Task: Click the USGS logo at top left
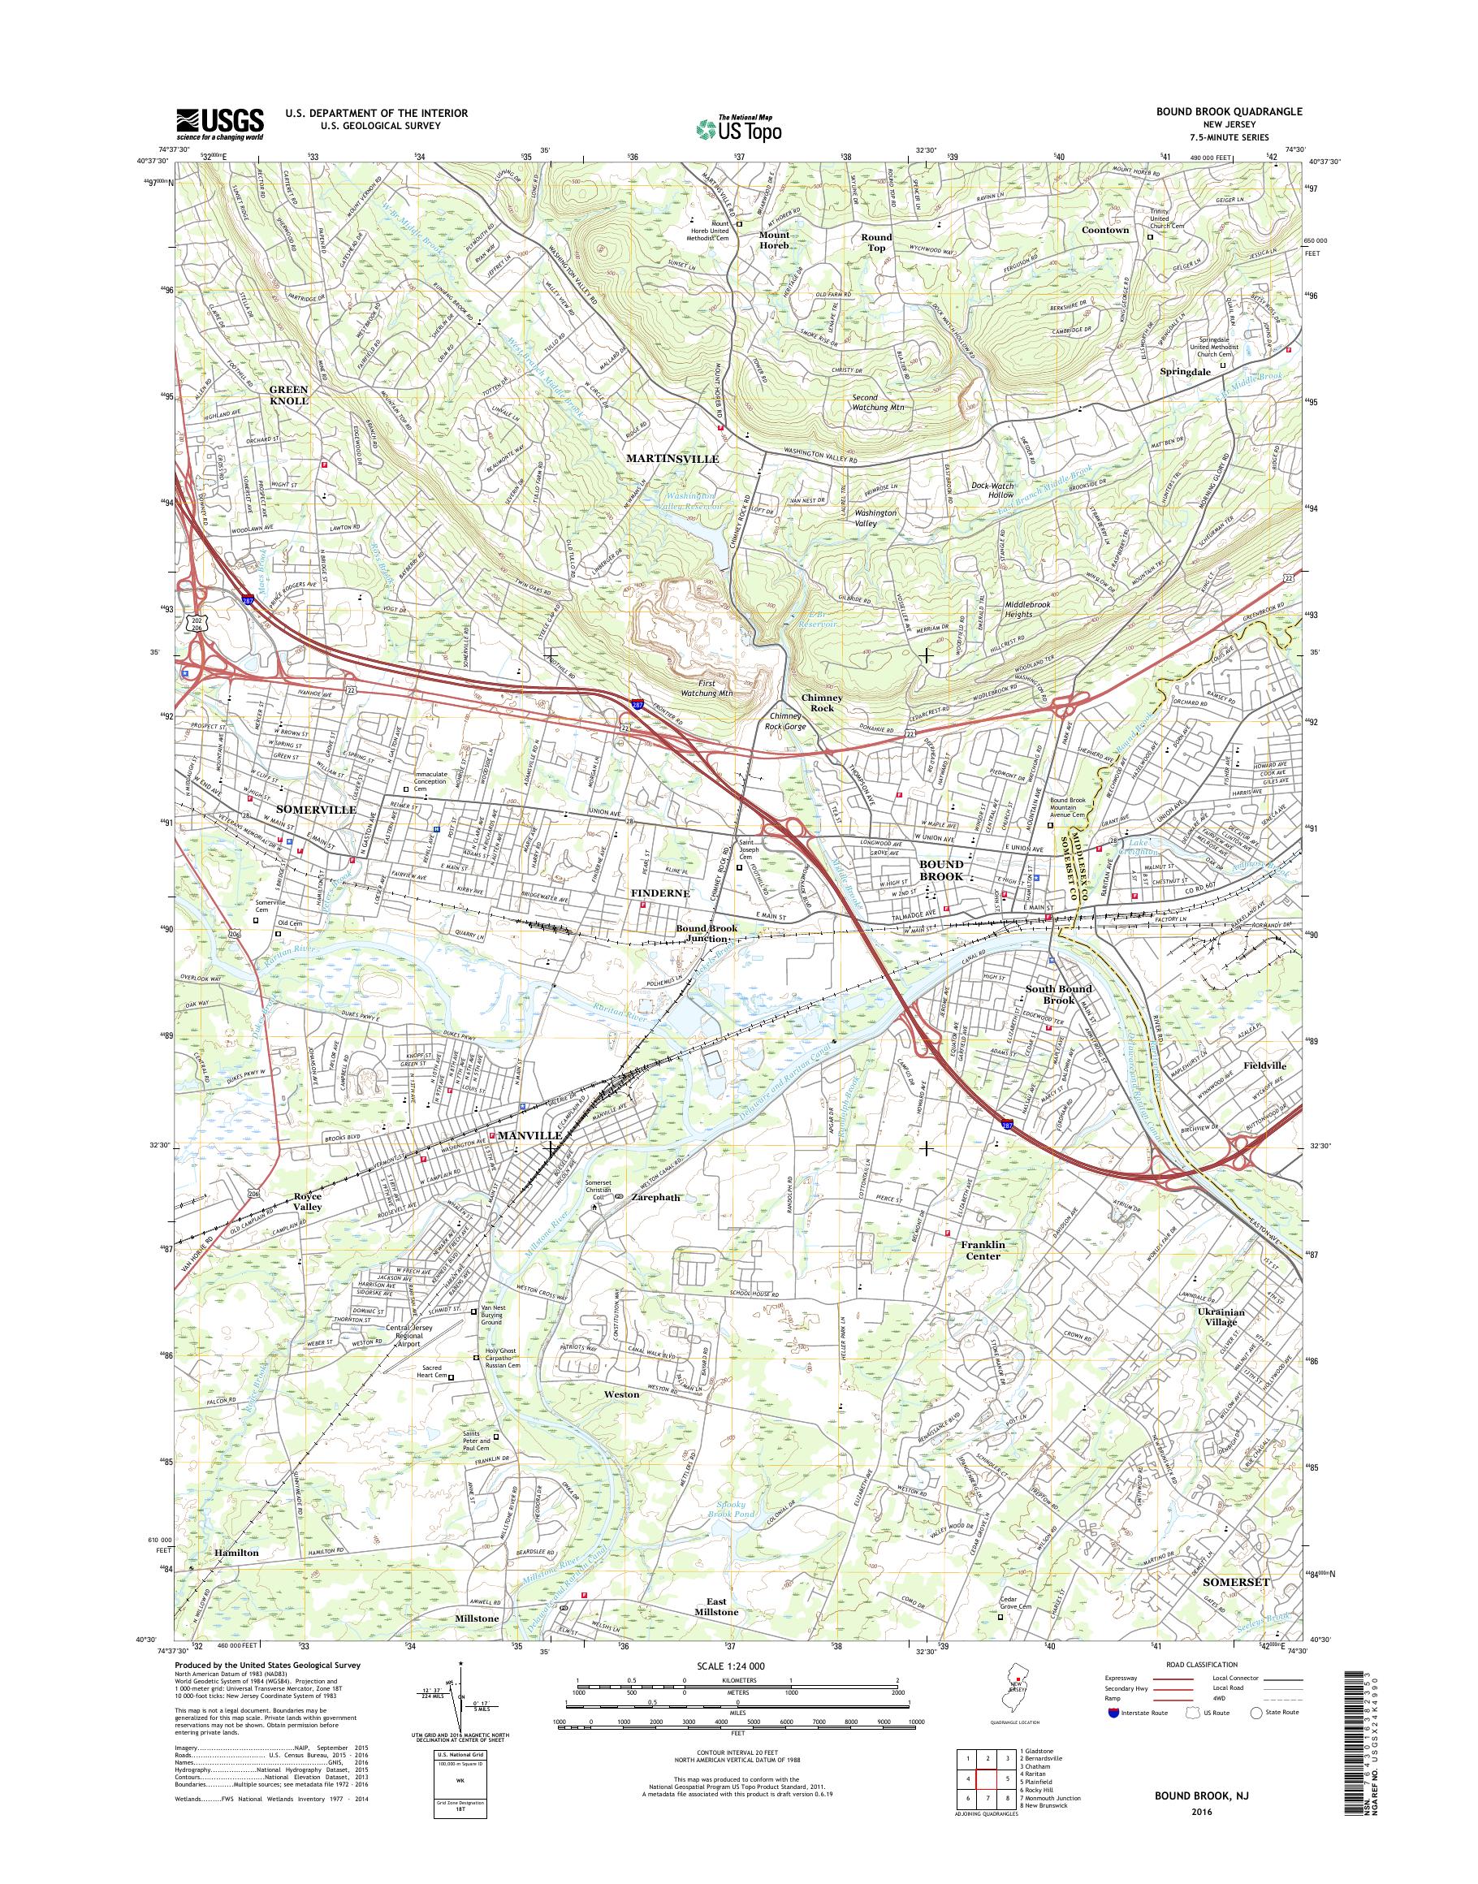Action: tap(220, 123)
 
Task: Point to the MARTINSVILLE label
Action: tap(672, 459)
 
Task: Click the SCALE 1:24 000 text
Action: tap(728, 1666)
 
